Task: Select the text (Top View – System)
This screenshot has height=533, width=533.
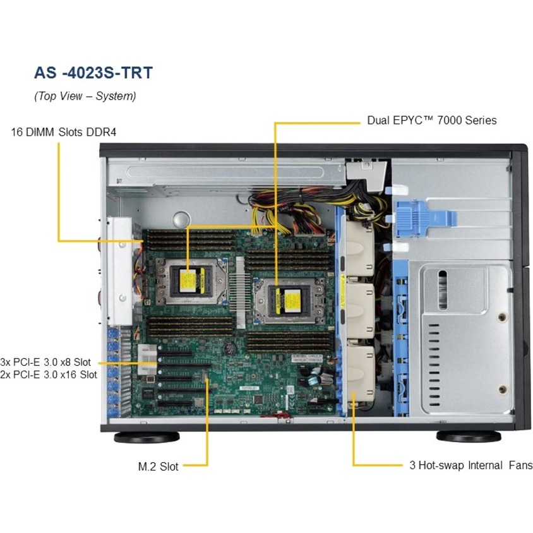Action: click(85, 97)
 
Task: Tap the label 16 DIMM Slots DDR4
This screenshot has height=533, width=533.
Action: click(64, 132)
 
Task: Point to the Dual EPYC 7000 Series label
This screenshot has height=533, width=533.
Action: click(432, 119)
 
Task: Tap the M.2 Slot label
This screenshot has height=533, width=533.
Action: click(158, 467)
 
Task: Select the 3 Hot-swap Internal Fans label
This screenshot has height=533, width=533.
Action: click(471, 465)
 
